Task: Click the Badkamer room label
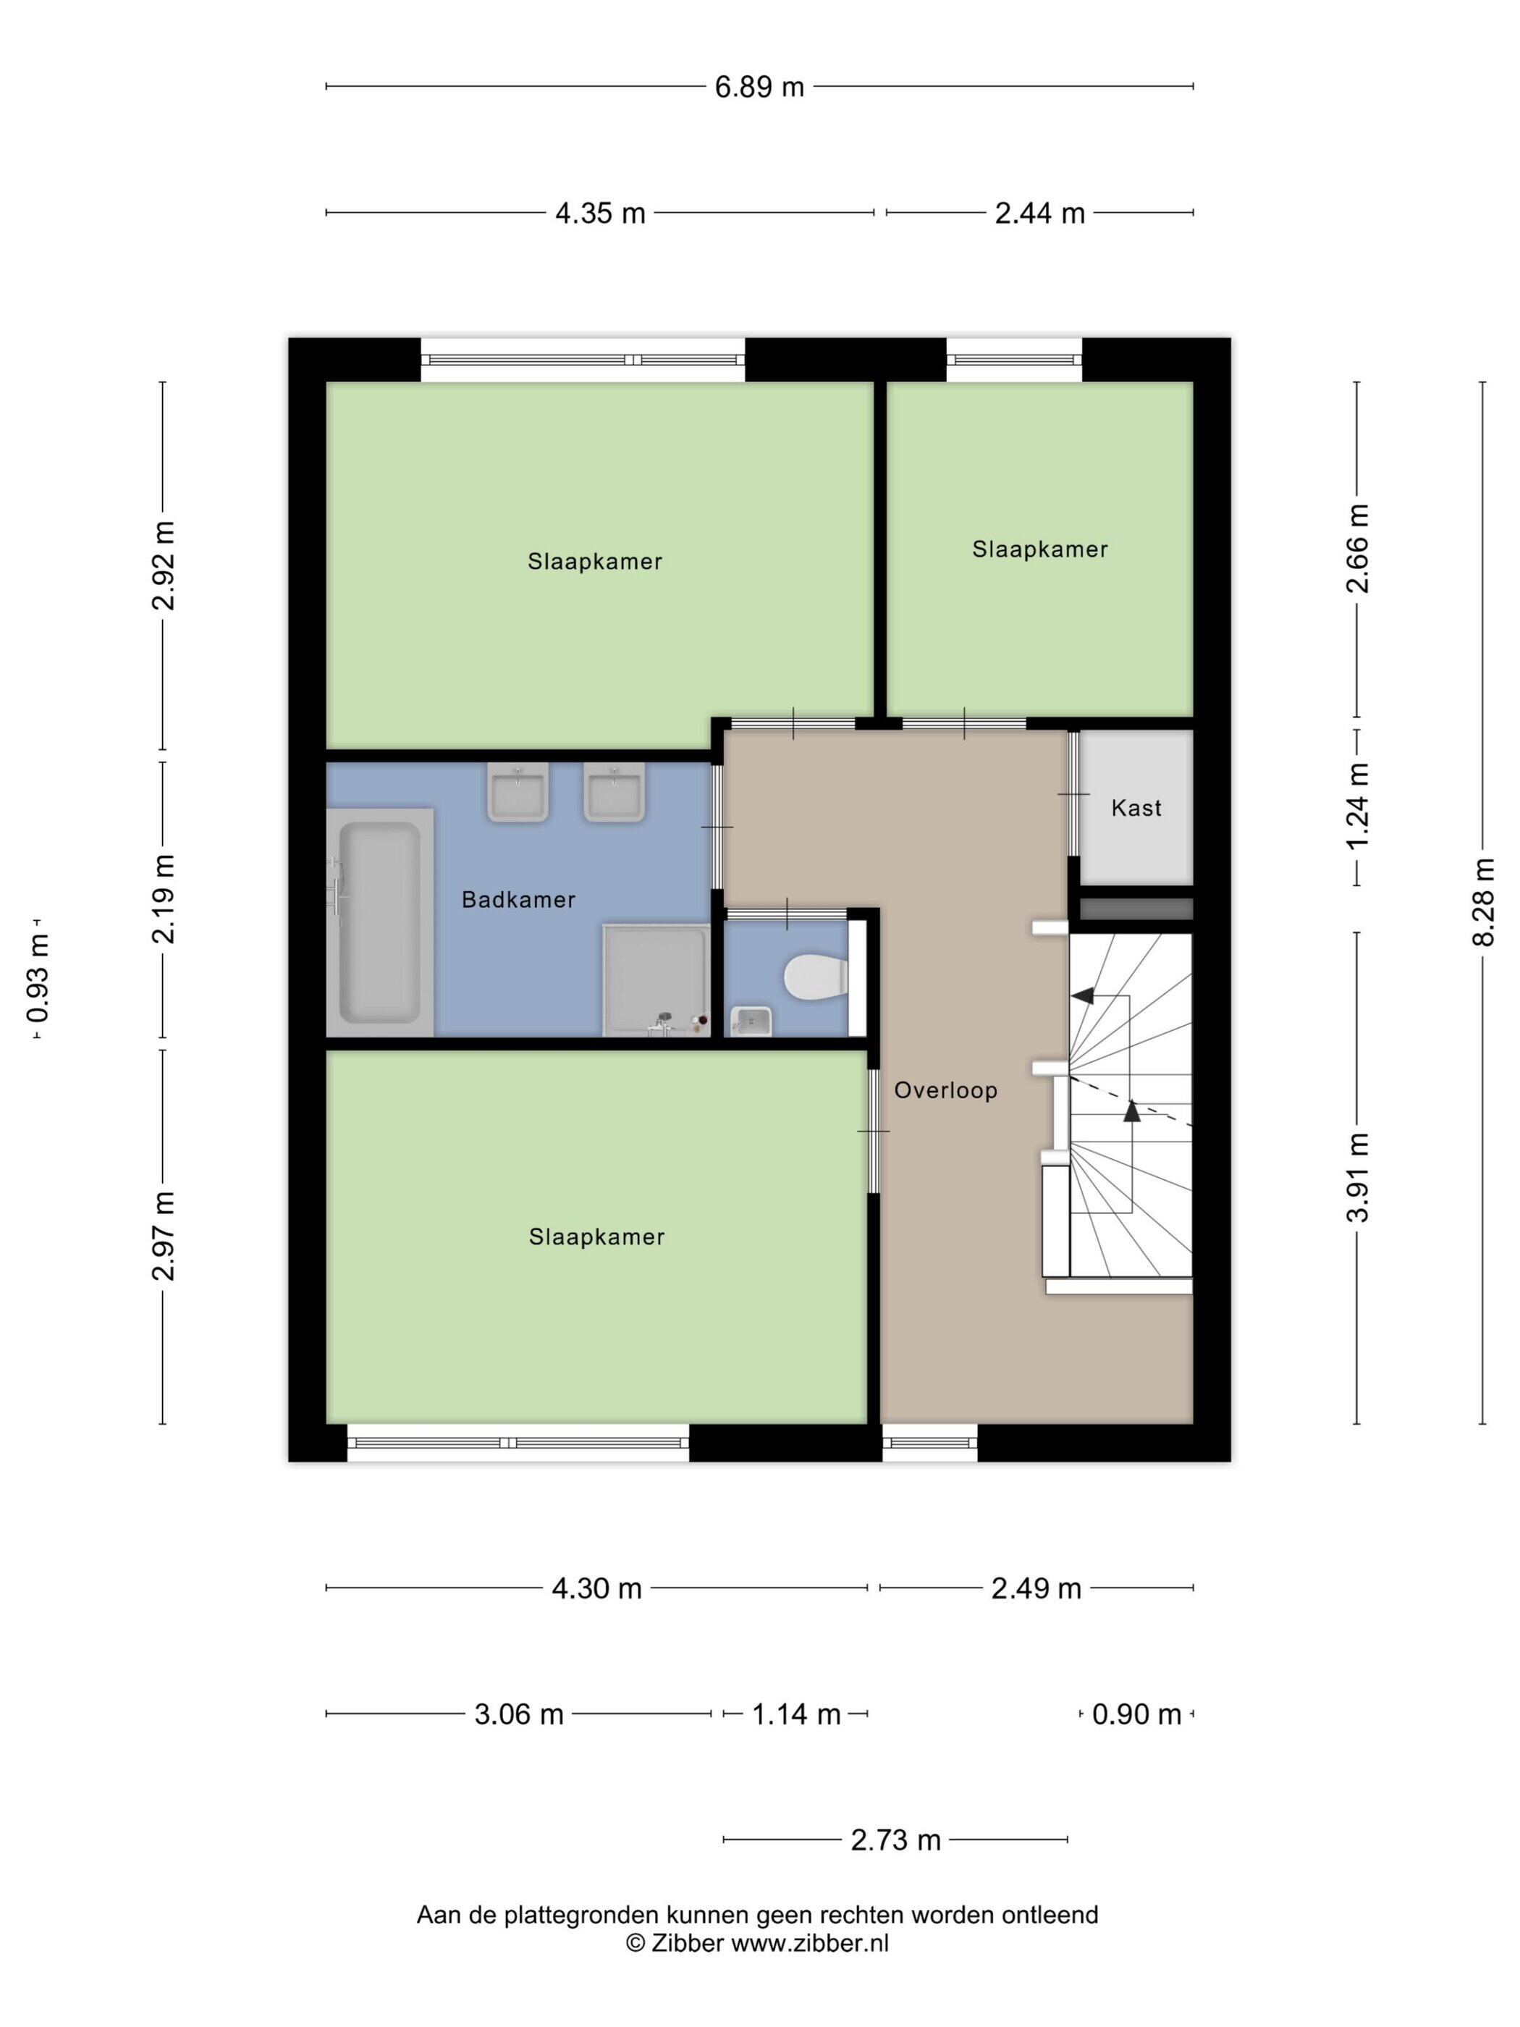(x=518, y=900)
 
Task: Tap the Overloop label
(x=945, y=1090)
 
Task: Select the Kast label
(x=1136, y=808)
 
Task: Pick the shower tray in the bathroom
(x=656, y=980)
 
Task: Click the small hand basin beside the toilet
(x=751, y=1020)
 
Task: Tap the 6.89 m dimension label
(x=759, y=87)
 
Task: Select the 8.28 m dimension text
(x=1483, y=903)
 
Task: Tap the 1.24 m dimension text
(x=1357, y=806)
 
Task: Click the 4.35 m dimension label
(x=600, y=214)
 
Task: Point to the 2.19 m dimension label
(x=163, y=899)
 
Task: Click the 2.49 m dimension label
(x=1036, y=1588)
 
